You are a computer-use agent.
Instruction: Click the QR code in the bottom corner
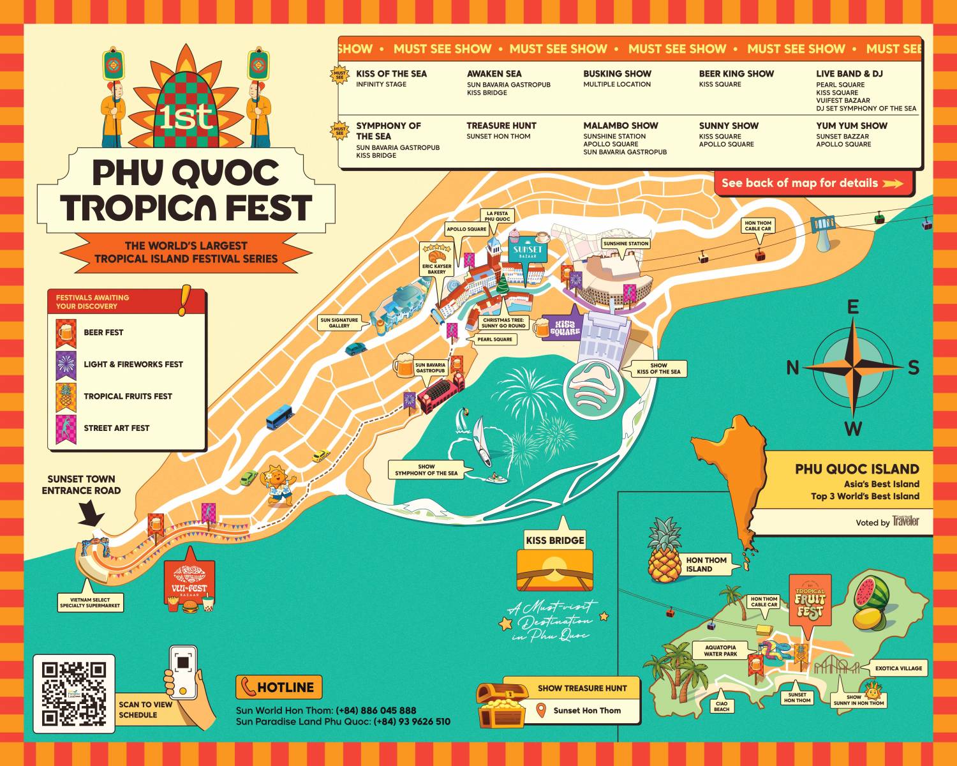(73, 693)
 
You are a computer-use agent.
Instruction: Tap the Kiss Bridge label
(554, 540)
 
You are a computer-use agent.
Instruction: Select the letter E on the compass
(852, 308)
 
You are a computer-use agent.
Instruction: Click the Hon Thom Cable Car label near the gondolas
(758, 226)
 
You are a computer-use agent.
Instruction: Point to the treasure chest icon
(500, 704)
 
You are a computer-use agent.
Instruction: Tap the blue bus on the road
(279, 416)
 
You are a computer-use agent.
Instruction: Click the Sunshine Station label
(625, 243)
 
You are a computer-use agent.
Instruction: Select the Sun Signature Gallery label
(339, 322)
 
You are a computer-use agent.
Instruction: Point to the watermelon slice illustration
(872, 592)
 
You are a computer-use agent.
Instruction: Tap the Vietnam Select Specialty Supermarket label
(90, 603)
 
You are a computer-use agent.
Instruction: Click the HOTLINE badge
(279, 687)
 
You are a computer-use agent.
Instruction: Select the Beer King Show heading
(736, 73)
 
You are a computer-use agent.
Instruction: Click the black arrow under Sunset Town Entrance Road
(93, 512)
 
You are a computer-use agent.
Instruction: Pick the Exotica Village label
(898, 668)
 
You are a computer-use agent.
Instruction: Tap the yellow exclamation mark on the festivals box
(185, 300)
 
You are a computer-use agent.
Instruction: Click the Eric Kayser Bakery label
(436, 269)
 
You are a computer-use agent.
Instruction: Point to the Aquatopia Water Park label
(720, 650)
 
